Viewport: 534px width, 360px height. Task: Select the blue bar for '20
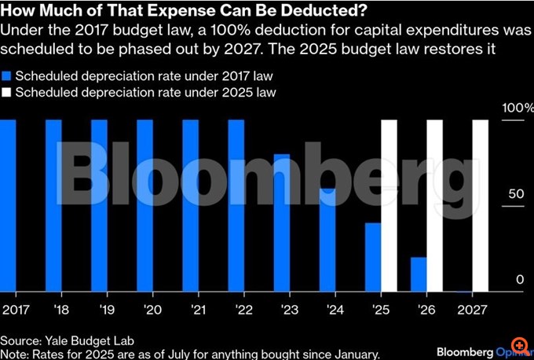point(145,205)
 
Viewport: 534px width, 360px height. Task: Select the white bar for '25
point(390,205)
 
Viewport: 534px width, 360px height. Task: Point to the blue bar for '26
point(419,274)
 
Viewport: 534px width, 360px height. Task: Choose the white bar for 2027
point(481,205)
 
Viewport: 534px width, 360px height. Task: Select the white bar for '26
point(435,205)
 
